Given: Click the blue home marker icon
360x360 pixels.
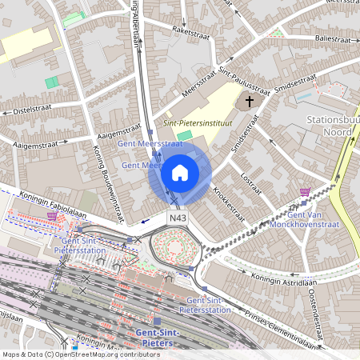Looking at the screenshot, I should click(x=180, y=172).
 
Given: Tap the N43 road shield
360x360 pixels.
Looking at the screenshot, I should click(x=177, y=218).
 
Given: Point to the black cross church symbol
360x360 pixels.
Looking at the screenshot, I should click(x=249, y=102).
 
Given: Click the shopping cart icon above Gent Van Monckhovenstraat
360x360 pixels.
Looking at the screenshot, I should click(x=304, y=192).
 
